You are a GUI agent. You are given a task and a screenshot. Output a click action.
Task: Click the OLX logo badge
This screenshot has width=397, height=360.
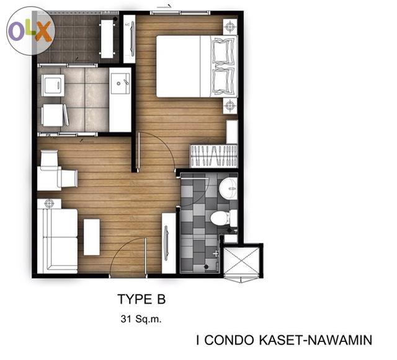tap(30, 30)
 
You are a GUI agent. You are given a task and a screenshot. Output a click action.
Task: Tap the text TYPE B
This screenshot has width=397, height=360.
tap(141, 299)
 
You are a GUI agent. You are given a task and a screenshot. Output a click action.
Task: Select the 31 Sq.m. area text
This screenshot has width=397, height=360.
tap(141, 319)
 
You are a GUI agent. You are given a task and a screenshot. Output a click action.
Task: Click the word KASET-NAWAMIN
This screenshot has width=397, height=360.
tap(315, 340)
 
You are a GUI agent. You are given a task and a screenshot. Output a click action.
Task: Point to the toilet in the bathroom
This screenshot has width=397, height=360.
tap(223, 218)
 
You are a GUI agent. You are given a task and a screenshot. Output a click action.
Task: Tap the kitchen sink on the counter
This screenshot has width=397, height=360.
tap(120, 84)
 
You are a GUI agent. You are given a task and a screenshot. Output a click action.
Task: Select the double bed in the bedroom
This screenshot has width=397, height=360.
tap(197, 66)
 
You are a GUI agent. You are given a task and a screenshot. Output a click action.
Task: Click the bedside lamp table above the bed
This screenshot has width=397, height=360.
tap(230, 27)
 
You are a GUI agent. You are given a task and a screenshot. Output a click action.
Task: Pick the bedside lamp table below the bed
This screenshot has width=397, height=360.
tap(230, 105)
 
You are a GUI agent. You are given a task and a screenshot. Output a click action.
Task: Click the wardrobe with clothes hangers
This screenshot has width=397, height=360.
tap(213, 156)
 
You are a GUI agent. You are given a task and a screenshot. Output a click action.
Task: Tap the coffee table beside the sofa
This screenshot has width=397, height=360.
tap(92, 237)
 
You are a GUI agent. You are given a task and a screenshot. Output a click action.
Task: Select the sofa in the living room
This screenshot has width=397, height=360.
tap(58, 241)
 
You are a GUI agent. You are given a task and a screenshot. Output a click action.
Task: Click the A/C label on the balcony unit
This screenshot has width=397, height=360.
tap(127, 25)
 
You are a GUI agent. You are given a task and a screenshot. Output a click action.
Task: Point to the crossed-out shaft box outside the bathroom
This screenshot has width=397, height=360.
tap(242, 261)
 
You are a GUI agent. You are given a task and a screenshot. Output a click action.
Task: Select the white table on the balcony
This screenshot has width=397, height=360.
tap(107, 39)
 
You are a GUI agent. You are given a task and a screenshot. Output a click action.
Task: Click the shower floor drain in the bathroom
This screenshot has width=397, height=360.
tap(207, 266)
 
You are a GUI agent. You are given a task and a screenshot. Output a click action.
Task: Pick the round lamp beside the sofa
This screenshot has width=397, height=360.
tap(49, 203)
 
